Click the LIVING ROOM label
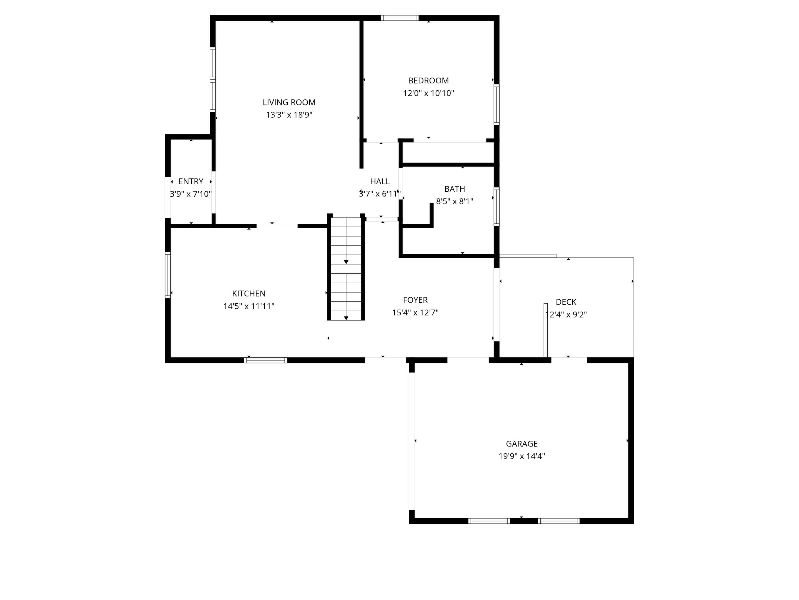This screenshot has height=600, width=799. [289, 102]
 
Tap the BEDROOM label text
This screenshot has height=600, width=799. [428, 81]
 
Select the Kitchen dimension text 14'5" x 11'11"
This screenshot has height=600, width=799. [249, 306]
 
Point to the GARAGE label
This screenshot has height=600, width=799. [521, 444]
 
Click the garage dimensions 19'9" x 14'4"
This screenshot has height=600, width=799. [521, 456]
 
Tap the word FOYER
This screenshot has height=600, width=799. [416, 300]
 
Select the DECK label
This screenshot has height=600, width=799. [566, 302]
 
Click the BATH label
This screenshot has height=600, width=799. [455, 189]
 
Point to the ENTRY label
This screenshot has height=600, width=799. [191, 181]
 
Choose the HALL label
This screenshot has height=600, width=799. [380, 181]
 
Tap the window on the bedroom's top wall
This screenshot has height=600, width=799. [399, 18]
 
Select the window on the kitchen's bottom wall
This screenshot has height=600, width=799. [266, 360]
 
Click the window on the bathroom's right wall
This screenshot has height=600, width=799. [497, 206]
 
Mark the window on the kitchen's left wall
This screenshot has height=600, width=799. [168, 275]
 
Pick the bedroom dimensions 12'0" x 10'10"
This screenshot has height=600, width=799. [428, 93]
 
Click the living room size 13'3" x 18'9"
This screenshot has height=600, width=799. [289, 115]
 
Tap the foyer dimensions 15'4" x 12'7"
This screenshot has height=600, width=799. [416, 312]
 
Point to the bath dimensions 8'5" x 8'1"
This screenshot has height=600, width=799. [455, 202]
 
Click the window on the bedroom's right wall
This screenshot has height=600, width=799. [497, 104]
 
